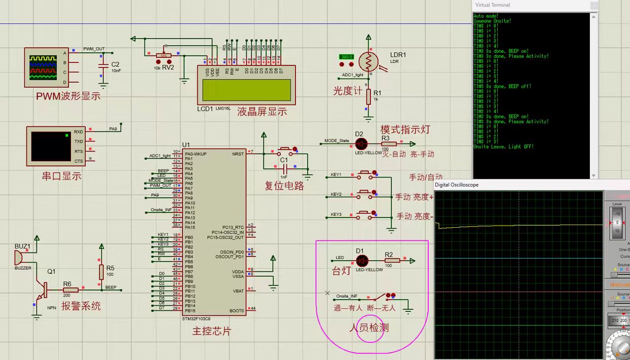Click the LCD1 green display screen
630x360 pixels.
247,90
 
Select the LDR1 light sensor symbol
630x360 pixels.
368,61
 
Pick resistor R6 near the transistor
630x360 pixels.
70,290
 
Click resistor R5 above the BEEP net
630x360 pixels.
101,272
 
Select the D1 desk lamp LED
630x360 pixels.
362,261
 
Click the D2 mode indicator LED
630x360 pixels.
361,144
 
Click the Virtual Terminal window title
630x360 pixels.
493,5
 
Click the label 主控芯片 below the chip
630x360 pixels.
212,331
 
